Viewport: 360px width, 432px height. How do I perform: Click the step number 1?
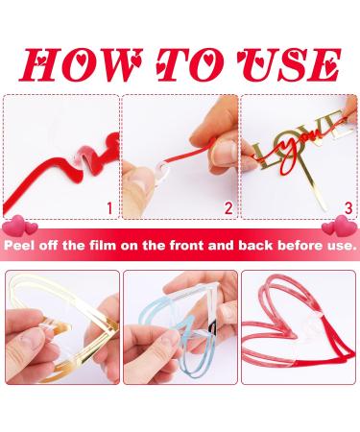[x=109, y=206]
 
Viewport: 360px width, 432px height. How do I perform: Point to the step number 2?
[x=228, y=206]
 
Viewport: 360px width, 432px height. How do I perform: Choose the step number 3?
[x=347, y=206]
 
